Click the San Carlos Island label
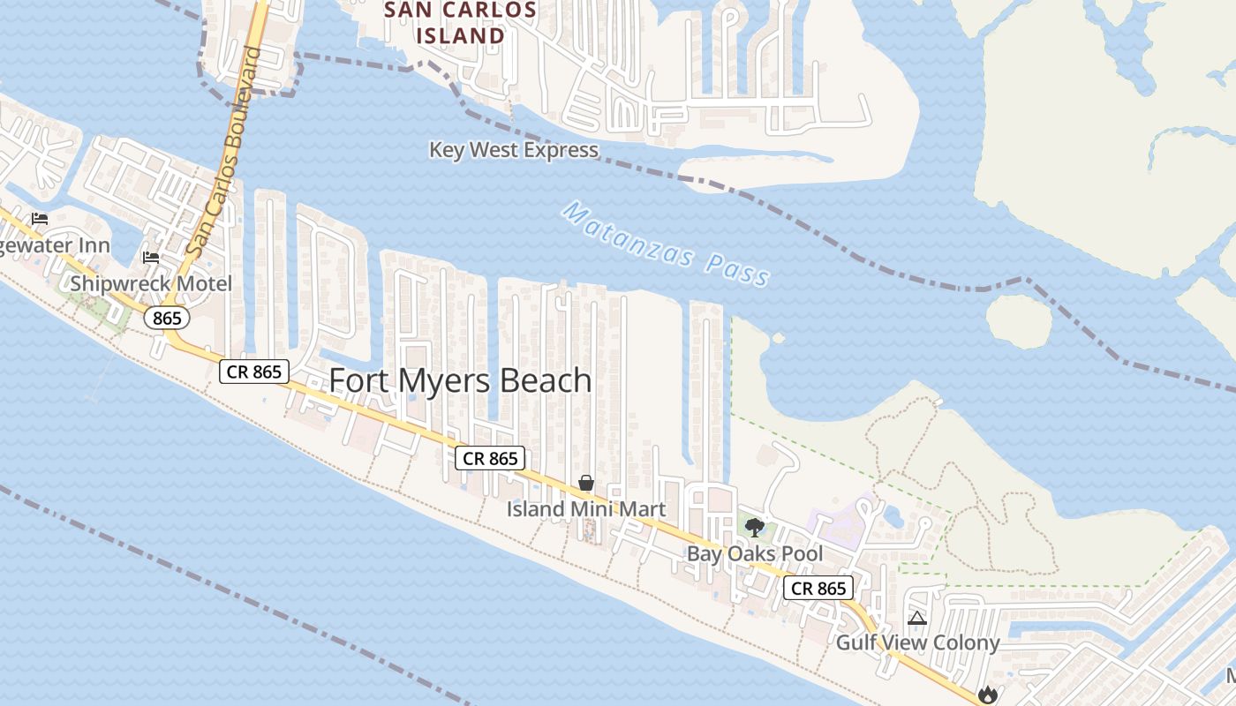point(460,23)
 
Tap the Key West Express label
point(514,150)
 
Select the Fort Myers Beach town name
point(460,380)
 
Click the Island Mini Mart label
point(585,509)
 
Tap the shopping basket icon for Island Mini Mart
point(585,483)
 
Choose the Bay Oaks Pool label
point(755,553)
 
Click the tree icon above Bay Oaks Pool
point(754,528)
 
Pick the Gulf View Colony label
point(917,642)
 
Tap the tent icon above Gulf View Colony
point(916,619)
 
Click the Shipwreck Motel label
point(151,283)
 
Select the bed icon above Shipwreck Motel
point(151,258)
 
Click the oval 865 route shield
point(166,318)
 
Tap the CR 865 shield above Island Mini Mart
point(490,458)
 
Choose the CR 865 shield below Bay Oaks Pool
point(818,589)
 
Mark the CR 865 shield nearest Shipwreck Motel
point(254,372)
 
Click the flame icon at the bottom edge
point(987,695)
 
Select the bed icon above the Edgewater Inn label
point(40,219)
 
